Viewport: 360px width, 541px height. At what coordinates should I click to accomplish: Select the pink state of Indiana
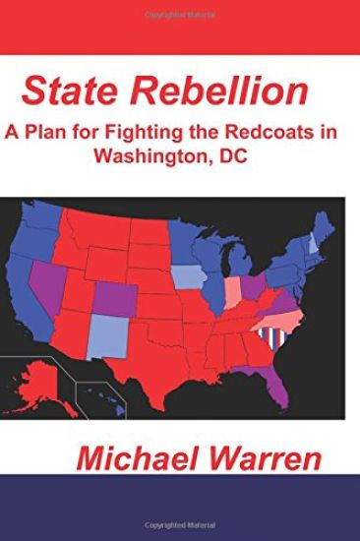233,290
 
